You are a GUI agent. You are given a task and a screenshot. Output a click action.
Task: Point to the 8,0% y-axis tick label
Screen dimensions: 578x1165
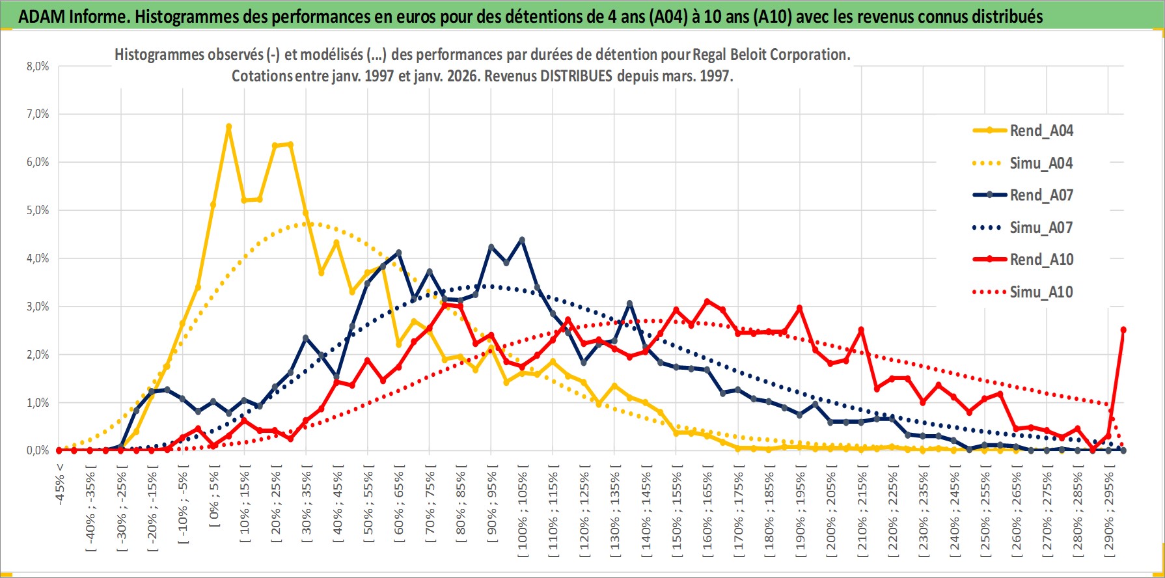click(38, 66)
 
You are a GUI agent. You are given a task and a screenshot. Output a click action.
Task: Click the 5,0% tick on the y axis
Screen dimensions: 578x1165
click(38, 210)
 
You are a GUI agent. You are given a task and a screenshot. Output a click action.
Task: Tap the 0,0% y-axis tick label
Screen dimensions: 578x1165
click(38, 450)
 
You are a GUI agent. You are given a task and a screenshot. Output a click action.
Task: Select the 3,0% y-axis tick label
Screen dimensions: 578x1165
click(38, 307)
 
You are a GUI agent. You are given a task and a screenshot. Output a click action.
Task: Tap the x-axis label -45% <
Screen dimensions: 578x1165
click(60, 482)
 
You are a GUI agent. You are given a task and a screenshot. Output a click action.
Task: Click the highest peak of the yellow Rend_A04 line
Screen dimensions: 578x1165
click(228, 127)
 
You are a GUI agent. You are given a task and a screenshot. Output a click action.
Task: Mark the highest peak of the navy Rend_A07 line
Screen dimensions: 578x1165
click(522, 240)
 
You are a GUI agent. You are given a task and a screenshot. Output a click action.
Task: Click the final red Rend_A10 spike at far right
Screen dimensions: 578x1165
click(1123, 330)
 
